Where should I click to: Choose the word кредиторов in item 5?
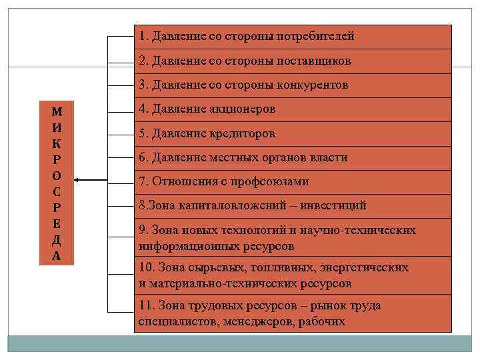(241, 133)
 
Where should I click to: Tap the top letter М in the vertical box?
(57, 112)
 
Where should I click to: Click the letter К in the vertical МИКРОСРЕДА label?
(57, 144)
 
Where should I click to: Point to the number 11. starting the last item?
(147, 306)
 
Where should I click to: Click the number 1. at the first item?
(143, 37)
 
